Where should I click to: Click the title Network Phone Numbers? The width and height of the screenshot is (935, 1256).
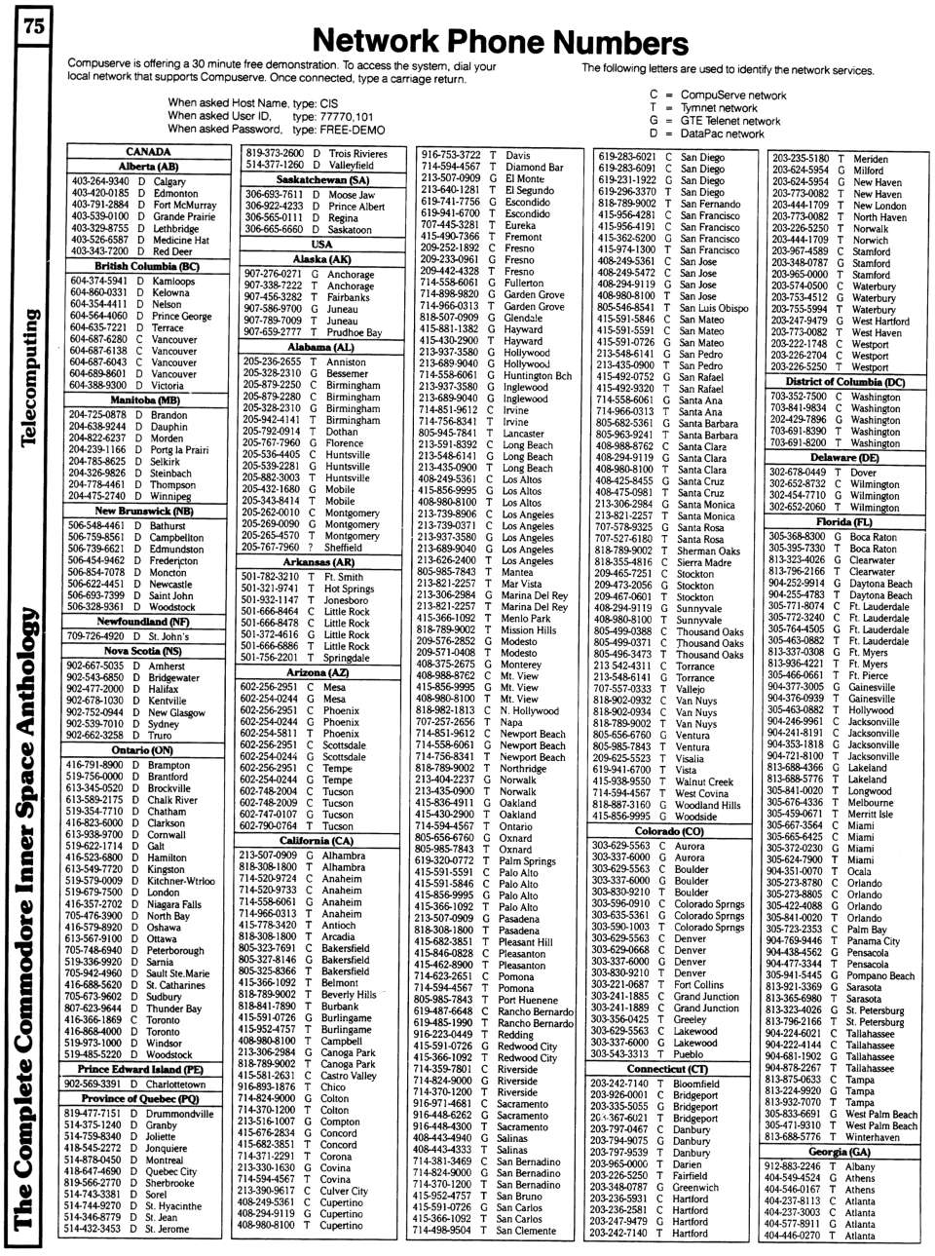(x=501, y=42)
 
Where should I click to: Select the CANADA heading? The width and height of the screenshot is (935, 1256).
(x=148, y=152)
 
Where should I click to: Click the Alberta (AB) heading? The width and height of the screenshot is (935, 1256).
(x=148, y=167)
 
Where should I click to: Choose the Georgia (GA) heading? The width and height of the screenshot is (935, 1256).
(x=840, y=1152)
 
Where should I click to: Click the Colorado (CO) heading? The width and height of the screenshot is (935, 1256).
(x=669, y=831)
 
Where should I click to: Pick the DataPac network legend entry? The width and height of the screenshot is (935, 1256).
(x=722, y=133)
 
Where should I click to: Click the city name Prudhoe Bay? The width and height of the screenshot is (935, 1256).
(x=355, y=332)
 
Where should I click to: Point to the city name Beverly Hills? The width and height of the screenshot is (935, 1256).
(x=349, y=995)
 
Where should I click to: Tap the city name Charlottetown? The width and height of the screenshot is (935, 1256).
(x=175, y=1084)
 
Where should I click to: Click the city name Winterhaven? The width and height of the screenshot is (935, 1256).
(x=873, y=1137)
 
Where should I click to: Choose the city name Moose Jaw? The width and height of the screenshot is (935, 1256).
(x=352, y=195)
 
